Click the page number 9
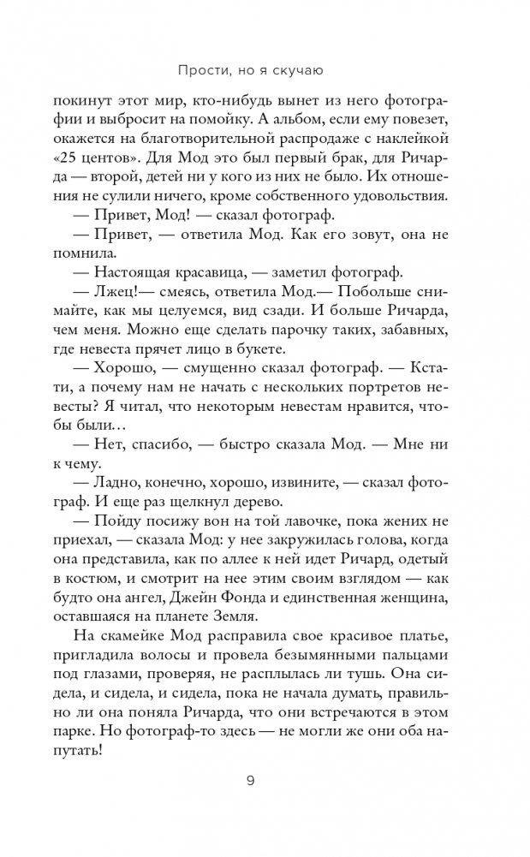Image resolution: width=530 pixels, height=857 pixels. point(265,781)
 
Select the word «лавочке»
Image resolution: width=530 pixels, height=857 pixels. point(289,534)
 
